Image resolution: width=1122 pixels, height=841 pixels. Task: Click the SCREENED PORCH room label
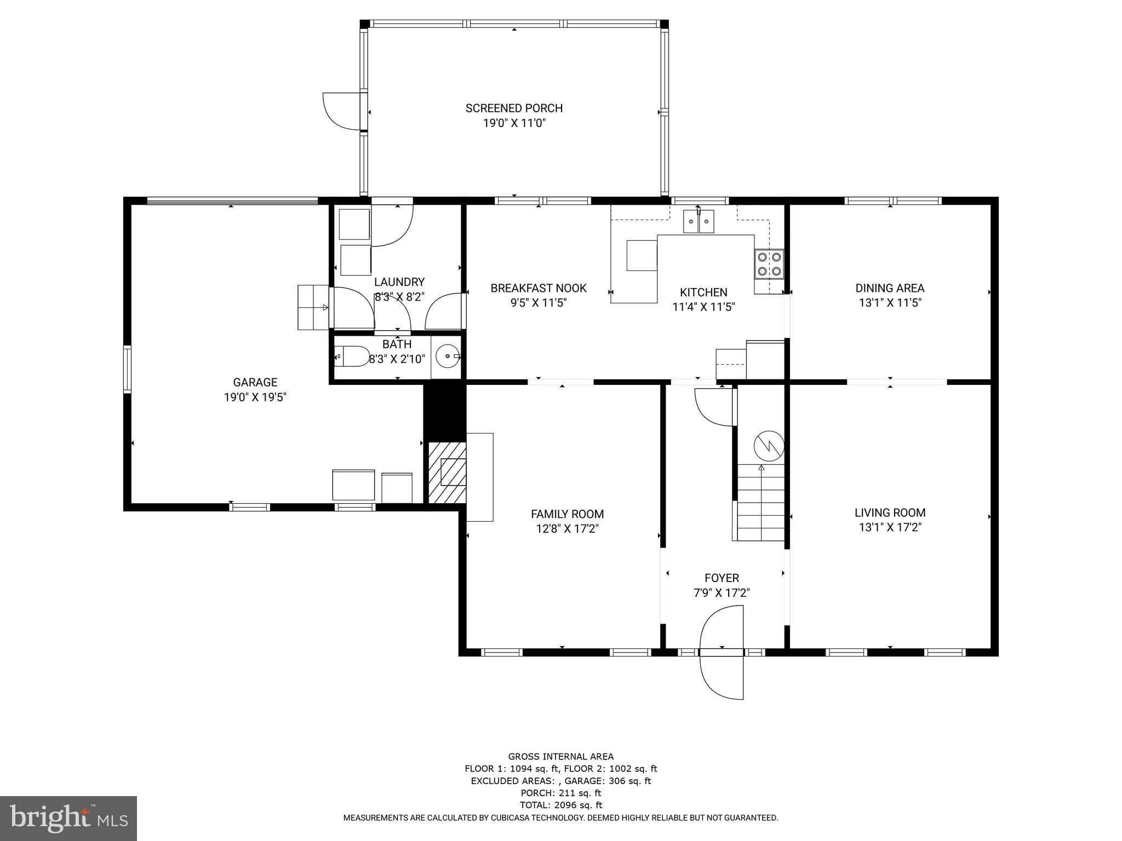[x=514, y=108]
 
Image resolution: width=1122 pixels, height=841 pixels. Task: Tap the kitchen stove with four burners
[x=769, y=263]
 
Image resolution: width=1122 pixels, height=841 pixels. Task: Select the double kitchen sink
[x=699, y=222]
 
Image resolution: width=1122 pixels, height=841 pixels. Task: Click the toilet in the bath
[x=352, y=356]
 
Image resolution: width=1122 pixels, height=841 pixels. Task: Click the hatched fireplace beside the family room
[x=447, y=473]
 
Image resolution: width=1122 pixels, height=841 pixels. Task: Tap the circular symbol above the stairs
[x=769, y=446]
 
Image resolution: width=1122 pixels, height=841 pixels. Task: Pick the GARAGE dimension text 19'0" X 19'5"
[x=255, y=397]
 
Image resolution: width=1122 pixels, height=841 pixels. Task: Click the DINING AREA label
[x=890, y=288]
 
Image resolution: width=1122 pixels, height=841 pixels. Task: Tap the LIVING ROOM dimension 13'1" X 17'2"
[x=890, y=527]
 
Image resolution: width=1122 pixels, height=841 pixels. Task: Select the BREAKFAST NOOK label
[x=538, y=288]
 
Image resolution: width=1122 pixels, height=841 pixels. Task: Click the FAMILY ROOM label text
[x=567, y=514]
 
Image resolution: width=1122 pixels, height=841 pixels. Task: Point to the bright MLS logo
[x=68, y=818]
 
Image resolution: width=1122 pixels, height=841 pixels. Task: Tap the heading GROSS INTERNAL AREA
[x=560, y=757]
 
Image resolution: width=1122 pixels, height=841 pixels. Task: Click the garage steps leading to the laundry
[x=313, y=307]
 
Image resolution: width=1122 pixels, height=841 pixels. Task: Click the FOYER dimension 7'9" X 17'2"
[x=722, y=592]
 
